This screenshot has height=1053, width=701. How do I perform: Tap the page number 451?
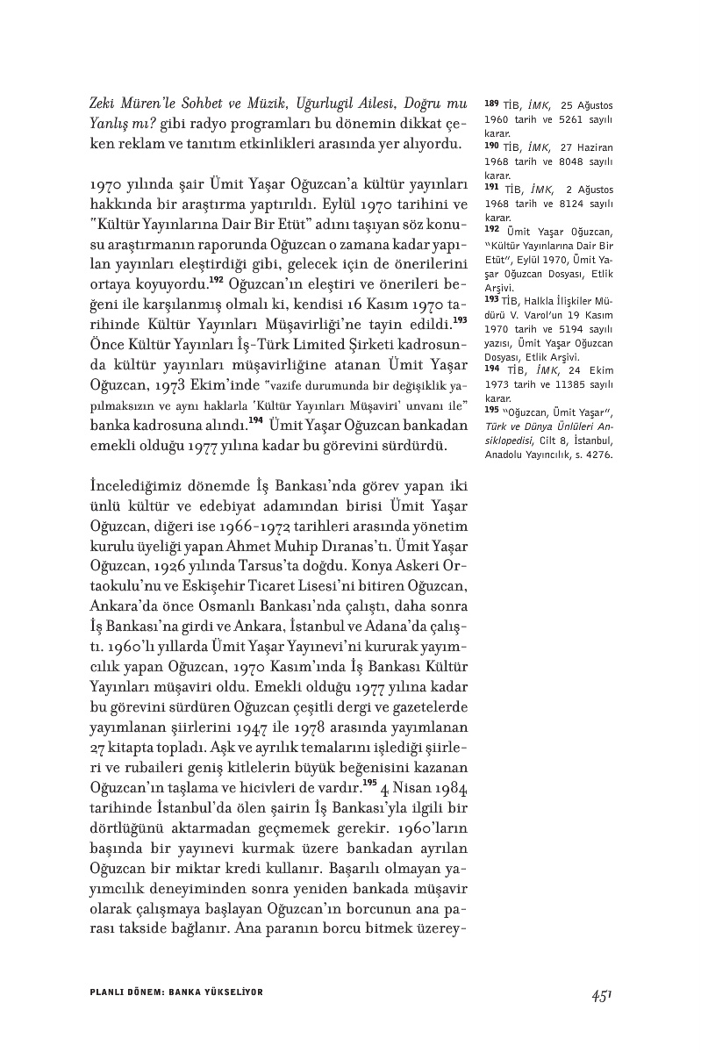(x=601, y=995)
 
